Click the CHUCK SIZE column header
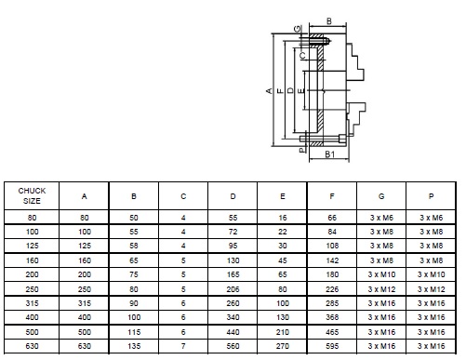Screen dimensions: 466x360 pos(32,195)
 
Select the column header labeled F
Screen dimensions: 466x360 pos(332,196)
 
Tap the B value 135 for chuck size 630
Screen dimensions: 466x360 pos(134,346)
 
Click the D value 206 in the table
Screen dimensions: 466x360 pos(233,289)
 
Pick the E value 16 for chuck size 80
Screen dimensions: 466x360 pos(283,218)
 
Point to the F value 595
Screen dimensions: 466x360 pos(332,346)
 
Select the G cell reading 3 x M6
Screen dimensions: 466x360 pos(381,218)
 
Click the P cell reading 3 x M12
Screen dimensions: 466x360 pos(431,289)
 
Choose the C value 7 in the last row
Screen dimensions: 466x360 pos(183,346)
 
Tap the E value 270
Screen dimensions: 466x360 pos(283,346)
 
